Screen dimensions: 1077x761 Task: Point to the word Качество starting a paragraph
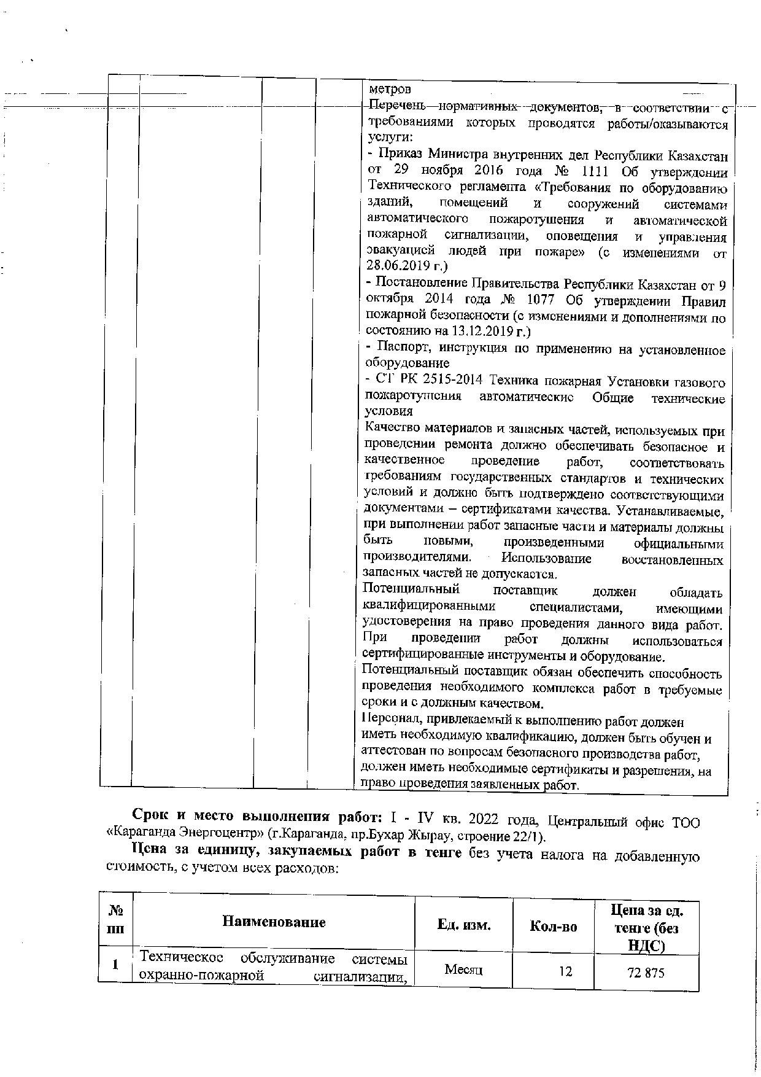click(392, 427)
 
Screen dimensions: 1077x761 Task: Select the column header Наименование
click(274, 922)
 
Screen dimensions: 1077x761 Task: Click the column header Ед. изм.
click(463, 925)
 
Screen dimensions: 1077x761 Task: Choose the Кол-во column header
click(553, 927)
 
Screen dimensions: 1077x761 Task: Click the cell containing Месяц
click(463, 970)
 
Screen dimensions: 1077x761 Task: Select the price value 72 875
click(646, 973)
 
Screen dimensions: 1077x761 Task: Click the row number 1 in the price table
click(115, 965)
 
